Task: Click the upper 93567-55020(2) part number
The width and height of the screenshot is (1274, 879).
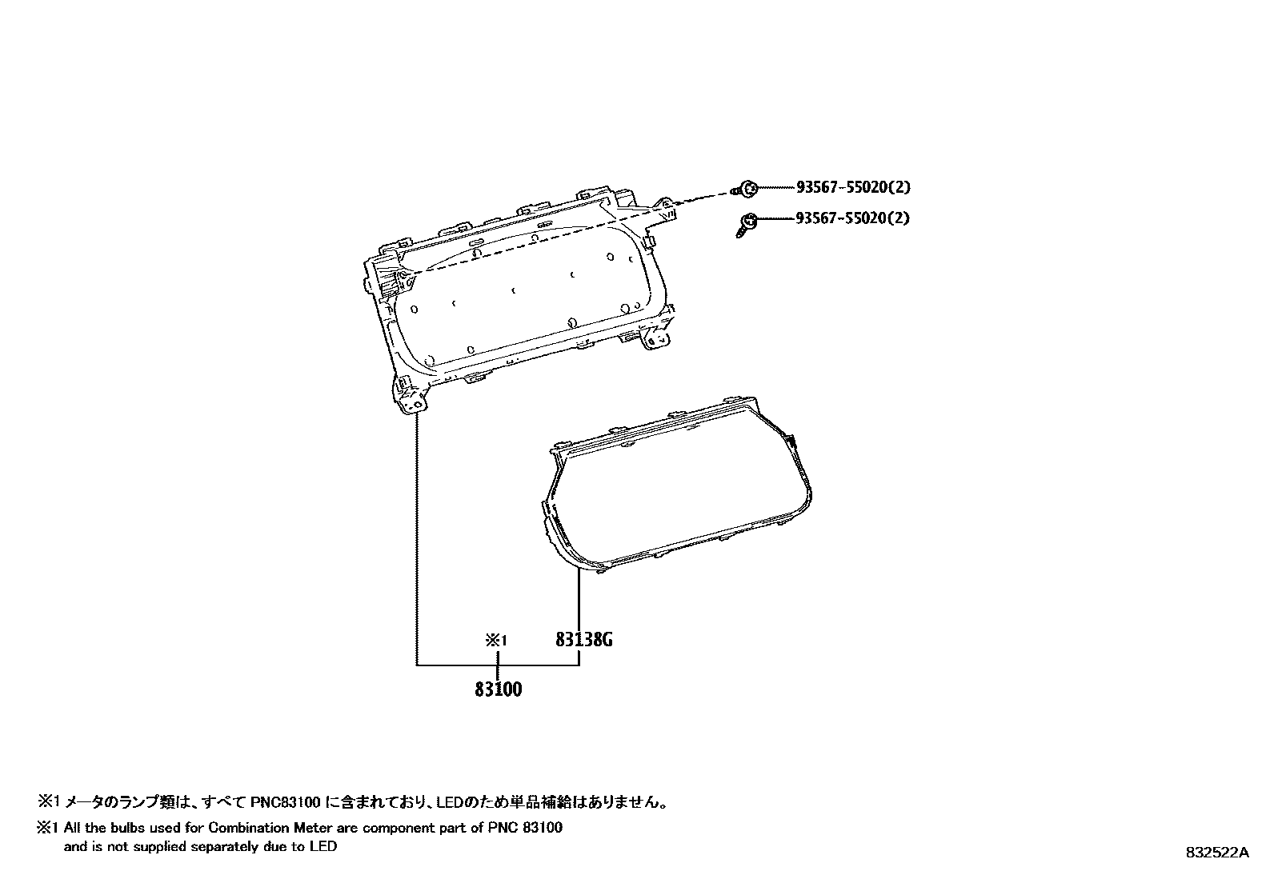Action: point(853,188)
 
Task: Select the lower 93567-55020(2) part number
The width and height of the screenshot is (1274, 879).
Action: point(853,218)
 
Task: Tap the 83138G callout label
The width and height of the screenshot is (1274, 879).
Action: point(584,640)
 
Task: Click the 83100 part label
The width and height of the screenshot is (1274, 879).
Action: point(498,689)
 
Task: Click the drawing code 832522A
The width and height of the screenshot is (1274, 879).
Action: point(1216,853)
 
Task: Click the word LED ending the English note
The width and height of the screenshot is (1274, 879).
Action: point(325,846)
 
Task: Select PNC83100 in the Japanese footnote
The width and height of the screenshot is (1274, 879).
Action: point(285,801)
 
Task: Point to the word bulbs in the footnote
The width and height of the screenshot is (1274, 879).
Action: point(131,828)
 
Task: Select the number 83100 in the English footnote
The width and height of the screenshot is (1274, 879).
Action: point(542,828)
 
